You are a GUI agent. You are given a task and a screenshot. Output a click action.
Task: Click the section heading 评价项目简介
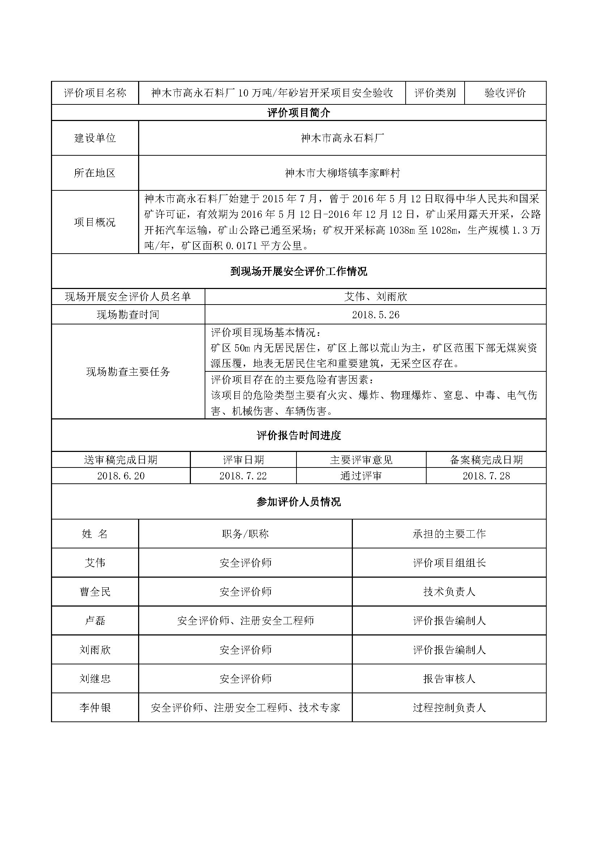[299, 113]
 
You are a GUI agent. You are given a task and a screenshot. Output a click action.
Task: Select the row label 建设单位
[95, 138]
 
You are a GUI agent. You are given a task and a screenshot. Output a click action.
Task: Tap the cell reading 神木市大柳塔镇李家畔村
[342, 173]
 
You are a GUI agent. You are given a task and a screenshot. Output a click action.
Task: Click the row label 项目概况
[95, 222]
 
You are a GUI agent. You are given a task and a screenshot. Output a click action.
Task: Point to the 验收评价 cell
[505, 93]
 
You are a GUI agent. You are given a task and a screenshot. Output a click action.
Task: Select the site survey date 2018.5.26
[376, 315]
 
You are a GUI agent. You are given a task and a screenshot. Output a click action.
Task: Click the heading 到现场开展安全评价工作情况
[299, 272]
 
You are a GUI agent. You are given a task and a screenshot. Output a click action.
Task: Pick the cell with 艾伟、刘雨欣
[376, 297]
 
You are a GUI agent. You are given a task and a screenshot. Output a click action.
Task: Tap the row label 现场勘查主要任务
[128, 372]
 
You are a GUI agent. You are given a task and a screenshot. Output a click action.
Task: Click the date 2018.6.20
[121, 476]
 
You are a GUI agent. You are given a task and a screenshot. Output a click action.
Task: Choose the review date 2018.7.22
[243, 476]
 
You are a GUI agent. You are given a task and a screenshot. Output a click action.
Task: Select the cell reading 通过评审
[361, 476]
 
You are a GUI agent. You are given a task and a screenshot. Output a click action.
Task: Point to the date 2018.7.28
[486, 476]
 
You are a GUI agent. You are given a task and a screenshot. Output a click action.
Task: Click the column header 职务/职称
[245, 534]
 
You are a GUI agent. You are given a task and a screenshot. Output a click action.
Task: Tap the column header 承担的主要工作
[449, 534]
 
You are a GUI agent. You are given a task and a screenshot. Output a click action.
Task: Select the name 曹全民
[95, 592]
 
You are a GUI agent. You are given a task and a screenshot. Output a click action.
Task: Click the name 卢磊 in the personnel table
[95, 621]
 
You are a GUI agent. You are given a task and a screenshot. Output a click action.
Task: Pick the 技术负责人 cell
[449, 592]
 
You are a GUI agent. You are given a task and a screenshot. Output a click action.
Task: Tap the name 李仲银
[95, 708]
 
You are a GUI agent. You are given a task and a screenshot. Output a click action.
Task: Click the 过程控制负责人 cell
[449, 708]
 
